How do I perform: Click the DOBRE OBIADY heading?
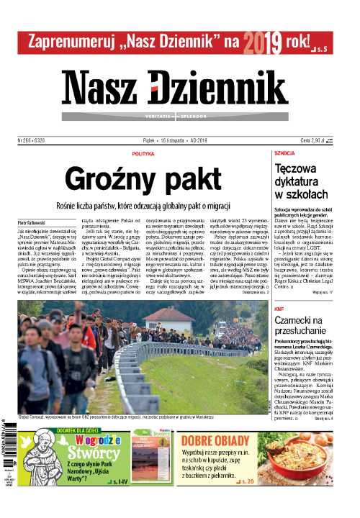click(217, 441)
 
